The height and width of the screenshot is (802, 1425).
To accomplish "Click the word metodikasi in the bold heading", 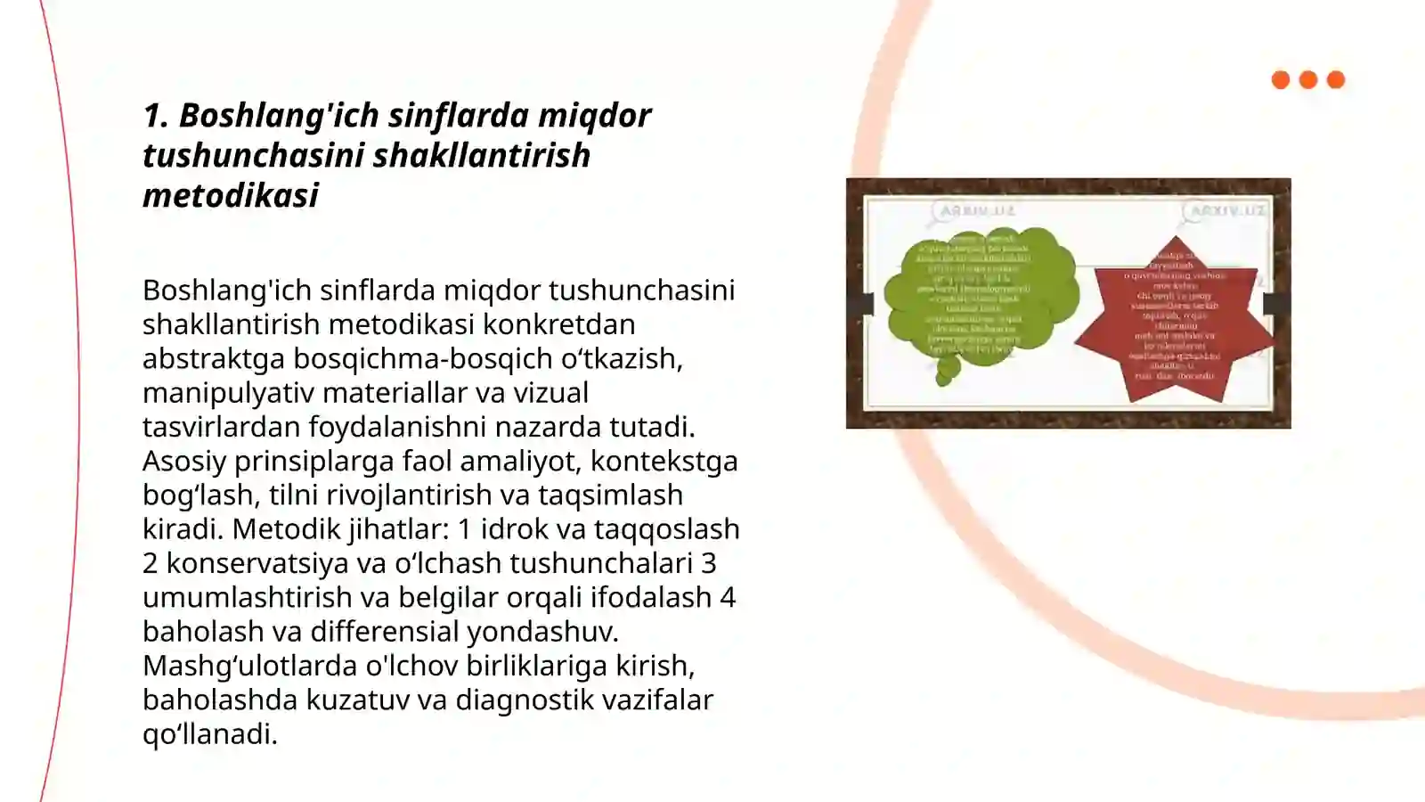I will [231, 195].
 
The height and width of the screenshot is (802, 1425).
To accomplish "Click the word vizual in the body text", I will [550, 392].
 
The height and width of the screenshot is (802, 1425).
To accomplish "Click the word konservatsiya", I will [256, 563].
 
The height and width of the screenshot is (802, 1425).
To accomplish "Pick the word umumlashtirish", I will [247, 597].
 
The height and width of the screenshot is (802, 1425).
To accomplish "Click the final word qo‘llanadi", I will [210, 733].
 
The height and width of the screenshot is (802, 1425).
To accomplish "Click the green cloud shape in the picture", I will [980, 294].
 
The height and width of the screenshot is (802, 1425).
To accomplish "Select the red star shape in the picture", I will [1174, 321].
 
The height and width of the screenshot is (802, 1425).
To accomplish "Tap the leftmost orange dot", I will [1281, 80].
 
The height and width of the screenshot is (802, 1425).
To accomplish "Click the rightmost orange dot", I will [1336, 80].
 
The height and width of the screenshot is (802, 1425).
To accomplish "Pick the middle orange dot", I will [1308, 80].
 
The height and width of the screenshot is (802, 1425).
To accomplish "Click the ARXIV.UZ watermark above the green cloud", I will [976, 211].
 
